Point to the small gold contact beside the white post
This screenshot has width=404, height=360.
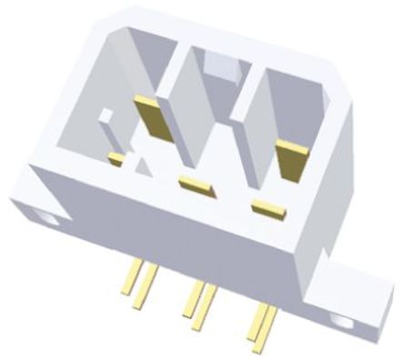coord(116,159)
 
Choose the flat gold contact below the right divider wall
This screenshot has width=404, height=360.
coord(269,207)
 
